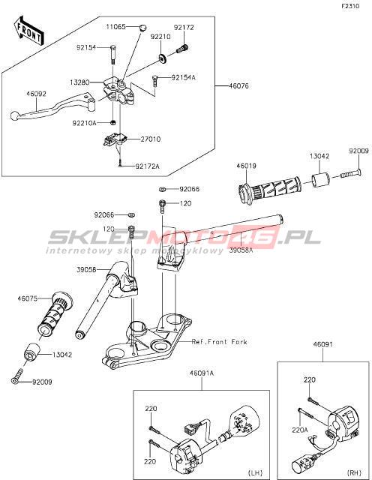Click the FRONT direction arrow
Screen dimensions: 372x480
tap(29, 31)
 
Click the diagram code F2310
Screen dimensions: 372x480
tap(350, 6)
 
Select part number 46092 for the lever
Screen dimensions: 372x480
tap(36, 94)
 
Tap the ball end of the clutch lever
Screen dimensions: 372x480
tap(14, 115)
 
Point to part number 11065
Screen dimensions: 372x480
tap(115, 27)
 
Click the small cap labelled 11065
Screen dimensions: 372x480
tap(142, 28)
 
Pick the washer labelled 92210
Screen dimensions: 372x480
tap(163, 58)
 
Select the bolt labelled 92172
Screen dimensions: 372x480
tap(182, 49)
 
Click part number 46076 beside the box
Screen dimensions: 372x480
tap(238, 86)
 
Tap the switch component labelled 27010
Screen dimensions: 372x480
tap(114, 139)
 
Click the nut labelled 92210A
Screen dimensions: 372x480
tap(113, 123)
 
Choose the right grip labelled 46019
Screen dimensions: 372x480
tap(269, 190)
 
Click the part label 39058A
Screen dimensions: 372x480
tap(241, 250)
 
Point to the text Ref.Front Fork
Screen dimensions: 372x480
tap(219, 342)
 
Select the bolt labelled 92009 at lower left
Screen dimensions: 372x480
tap(17, 376)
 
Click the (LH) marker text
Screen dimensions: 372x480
tap(255, 472)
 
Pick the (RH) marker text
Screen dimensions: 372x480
tap(354, 472)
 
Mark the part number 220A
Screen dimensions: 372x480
tap(299, 430)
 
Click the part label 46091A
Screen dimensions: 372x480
tap(202, 373)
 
